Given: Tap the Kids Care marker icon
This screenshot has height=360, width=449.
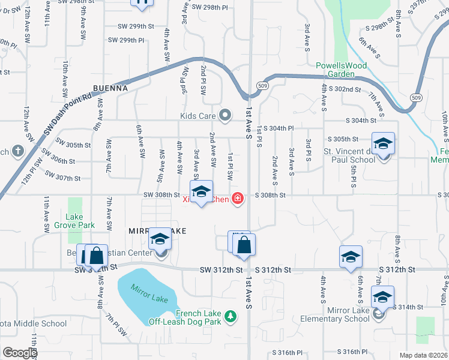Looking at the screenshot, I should pyautogui.click(x=226, y=115).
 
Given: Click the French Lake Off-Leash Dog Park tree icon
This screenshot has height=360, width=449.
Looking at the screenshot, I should pyautogui.click(x=229, y=316).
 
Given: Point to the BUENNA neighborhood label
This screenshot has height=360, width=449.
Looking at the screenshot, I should pyautogui.click(x=110, y=88).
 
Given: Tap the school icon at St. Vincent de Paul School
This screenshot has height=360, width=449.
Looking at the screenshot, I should pyautogui.click(x=383, y=145).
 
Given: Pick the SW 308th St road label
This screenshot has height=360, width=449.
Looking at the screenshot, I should pyautogui.click(x=161, y=195).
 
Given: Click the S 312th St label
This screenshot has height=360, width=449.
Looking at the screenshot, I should pyautogui.click(x=272, y=271).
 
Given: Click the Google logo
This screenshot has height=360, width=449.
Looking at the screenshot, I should pyautogui.click(x=20, y=353).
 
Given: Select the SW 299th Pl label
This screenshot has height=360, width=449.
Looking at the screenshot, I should pyautogui.click(x=126, y=40).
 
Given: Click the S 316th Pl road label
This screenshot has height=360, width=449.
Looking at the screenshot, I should pyautogui.click(x=289, y=352).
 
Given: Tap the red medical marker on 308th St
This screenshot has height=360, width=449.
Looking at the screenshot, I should pyautogui.click(x=238, y=198).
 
